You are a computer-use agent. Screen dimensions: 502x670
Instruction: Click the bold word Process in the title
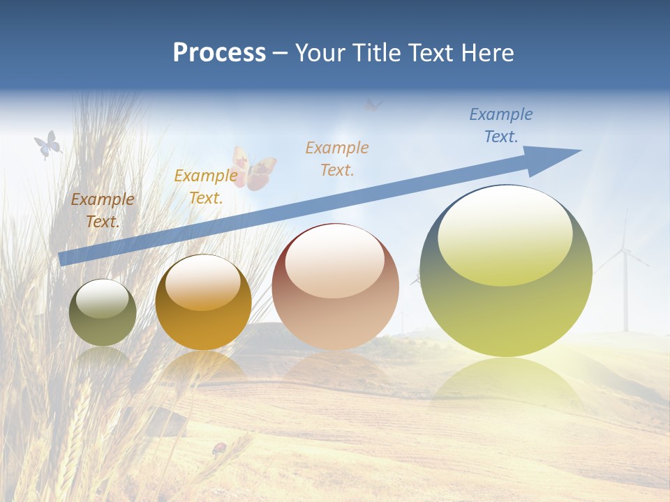pos(219,53)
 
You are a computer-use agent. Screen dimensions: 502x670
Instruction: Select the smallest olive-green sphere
pos(103,313)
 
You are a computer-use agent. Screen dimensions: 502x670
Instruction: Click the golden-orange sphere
pos(203,303)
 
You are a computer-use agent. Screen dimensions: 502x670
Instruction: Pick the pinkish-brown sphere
pos(335,287)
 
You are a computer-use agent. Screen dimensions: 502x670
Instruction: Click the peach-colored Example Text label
pos(337,158)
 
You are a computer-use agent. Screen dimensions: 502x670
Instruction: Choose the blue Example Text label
pos(500,125)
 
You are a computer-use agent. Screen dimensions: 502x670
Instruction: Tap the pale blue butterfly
pos(47,145)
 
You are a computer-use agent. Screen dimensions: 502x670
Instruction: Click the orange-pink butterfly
pos(254,169)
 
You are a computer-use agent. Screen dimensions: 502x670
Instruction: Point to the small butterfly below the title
pos(373,105)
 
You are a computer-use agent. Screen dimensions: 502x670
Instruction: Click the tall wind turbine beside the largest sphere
pos(625,279)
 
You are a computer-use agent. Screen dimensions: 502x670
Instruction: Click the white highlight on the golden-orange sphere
pos(202,283)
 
